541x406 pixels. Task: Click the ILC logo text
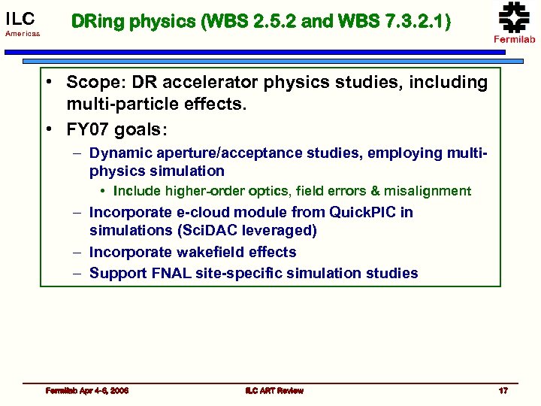pos(20,17)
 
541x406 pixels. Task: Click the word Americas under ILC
pos(22,35)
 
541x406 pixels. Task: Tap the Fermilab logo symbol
pos(514,17)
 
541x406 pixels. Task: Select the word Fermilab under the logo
pos(514,39)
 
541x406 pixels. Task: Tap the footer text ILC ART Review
pos(274,390)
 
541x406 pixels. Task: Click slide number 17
pos(503,390)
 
